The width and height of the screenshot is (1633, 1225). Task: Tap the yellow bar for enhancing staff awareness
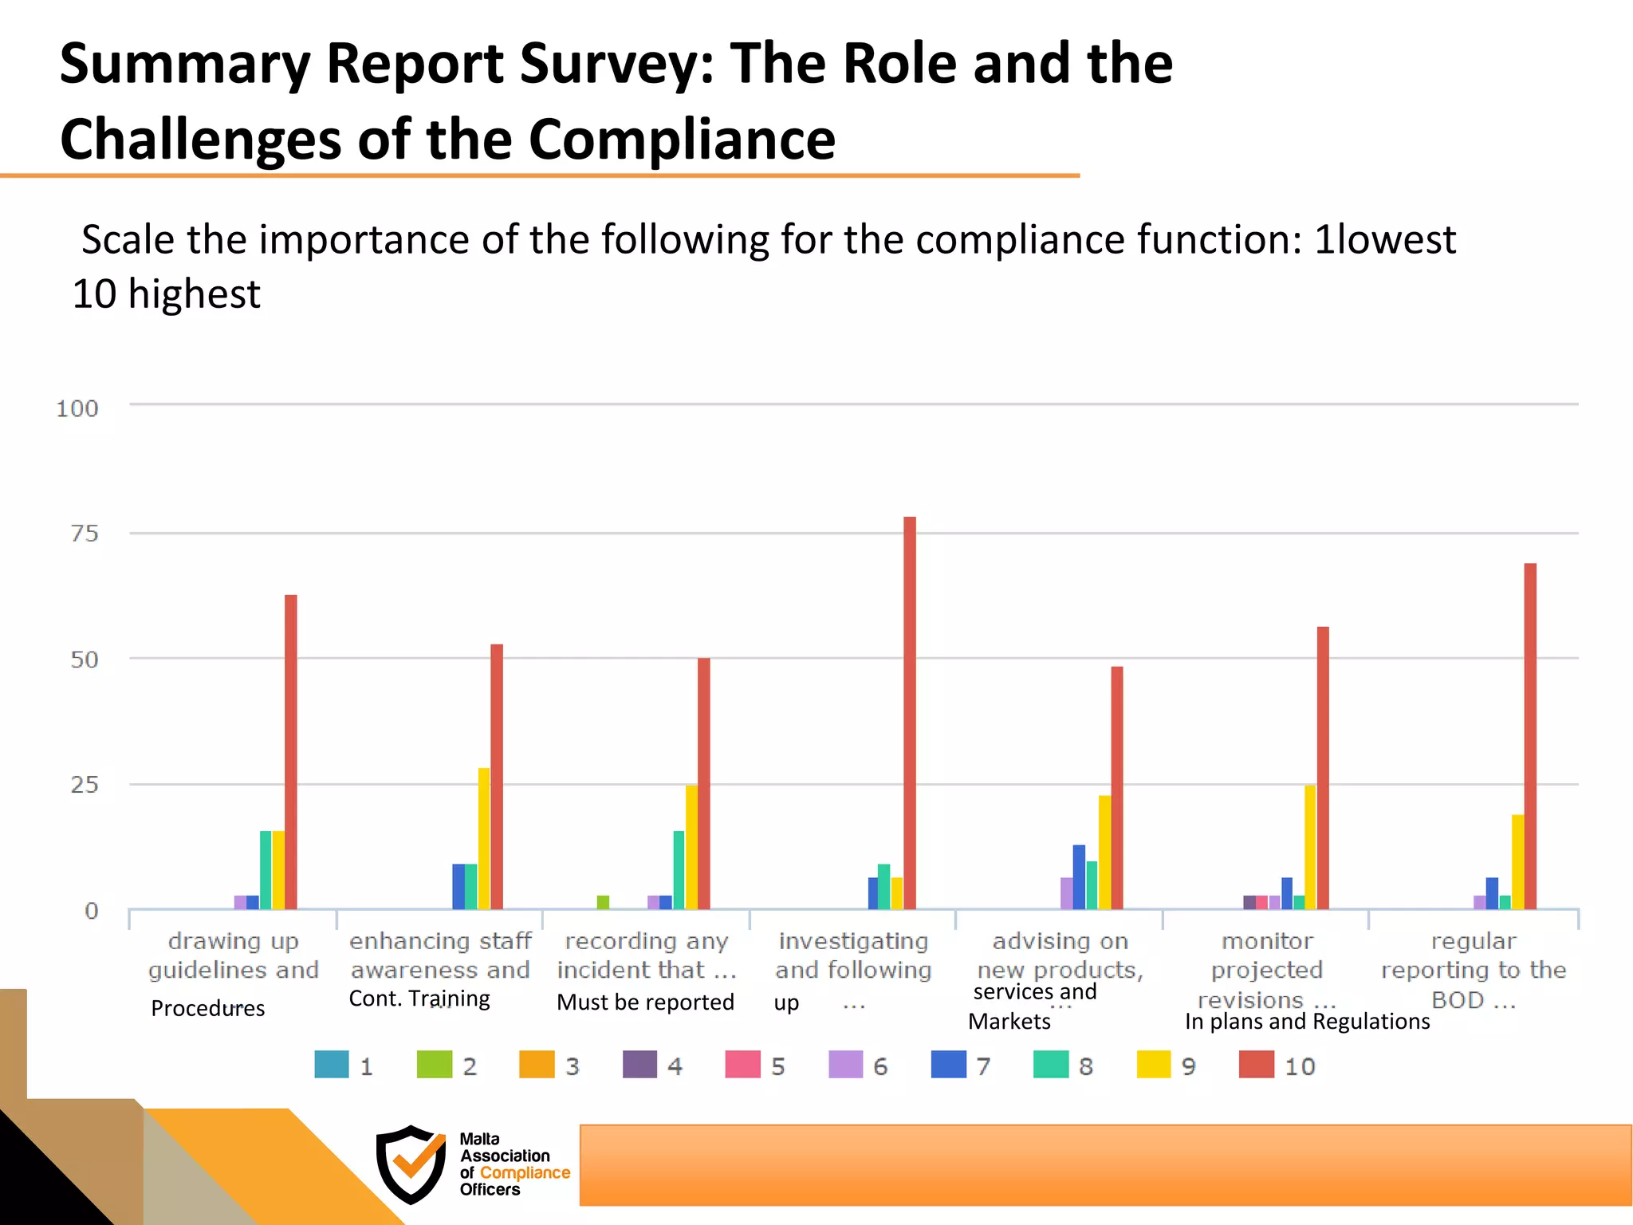click(x=484, y=838)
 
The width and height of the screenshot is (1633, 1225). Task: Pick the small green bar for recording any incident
click(x=603, y=902)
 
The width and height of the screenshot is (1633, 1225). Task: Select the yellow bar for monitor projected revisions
click(x=1310, y=847)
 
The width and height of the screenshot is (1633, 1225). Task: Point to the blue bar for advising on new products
click(x=1079, y=876)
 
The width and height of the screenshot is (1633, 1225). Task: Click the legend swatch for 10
click(x=1257, y=1065)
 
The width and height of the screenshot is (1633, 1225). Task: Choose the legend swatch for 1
click(x=332, y=1065)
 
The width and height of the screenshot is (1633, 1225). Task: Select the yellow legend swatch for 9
click(x=1154, y=1065)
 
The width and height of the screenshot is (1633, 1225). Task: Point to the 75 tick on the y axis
click(x=85, y=534)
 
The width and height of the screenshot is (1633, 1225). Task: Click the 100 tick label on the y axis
click(x=77, y=409)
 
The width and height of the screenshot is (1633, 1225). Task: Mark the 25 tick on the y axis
click(x=85, y=785)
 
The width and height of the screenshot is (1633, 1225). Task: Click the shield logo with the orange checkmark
click(x=411, y=1164)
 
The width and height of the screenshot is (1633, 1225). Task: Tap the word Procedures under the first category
click(x=207, y=1008)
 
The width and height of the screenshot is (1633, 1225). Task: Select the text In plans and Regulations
click(x=1307, y=1021)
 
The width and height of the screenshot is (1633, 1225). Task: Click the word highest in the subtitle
click(x=194, y=294)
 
